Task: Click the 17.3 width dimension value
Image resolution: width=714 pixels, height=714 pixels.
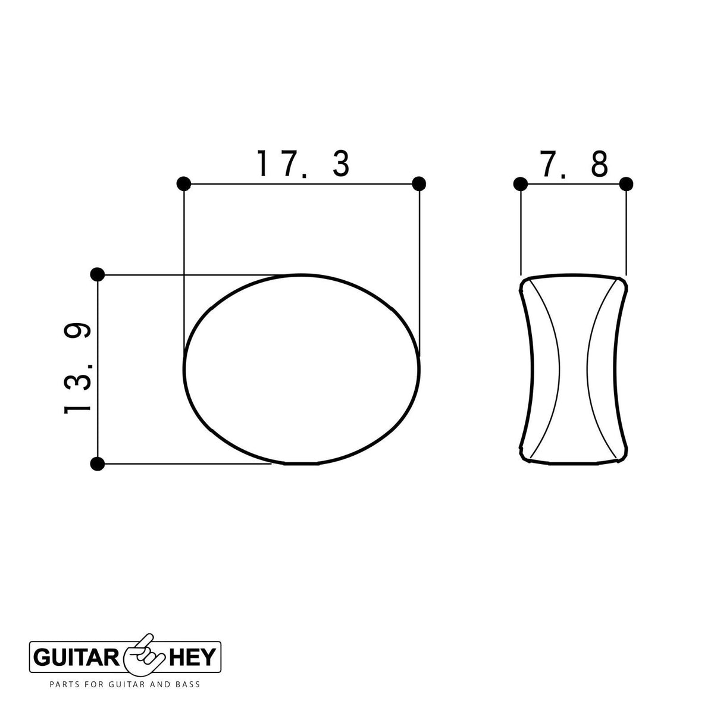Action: tap(303, 164)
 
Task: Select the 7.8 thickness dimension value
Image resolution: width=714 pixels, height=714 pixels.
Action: tap(574, 164)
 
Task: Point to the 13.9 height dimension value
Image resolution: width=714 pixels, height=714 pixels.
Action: tap(77, 368)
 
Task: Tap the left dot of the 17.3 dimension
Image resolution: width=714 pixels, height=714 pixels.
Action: tap(184, 184)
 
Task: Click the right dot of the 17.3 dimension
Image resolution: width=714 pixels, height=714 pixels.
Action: tap(419, 184)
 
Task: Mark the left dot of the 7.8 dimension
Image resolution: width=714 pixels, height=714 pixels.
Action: tap(521, 184)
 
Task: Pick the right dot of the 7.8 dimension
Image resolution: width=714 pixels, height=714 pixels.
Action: tap(626, 184)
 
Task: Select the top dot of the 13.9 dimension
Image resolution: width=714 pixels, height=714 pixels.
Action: tap(98, 274)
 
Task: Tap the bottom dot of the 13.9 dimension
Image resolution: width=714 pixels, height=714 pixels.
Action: tap(98, 464)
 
